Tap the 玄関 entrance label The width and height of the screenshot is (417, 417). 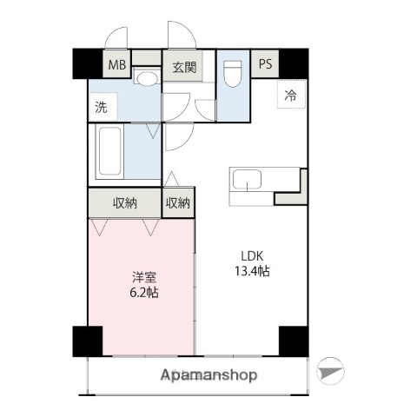click(183, 66)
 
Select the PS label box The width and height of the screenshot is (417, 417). click(264, 64)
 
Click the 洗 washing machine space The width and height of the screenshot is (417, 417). click(102, 109)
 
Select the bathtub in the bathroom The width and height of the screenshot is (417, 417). click(111, 152)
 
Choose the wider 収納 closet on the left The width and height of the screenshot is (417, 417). click(125, 203)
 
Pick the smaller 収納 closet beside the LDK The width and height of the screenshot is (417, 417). click(178, 203)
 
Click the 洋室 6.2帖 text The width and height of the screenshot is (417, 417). click(144, 284)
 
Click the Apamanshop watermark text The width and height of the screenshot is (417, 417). click(209, 375)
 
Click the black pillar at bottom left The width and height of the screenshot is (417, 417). click(87, 341)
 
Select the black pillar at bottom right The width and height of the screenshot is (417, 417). click(293, 341)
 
